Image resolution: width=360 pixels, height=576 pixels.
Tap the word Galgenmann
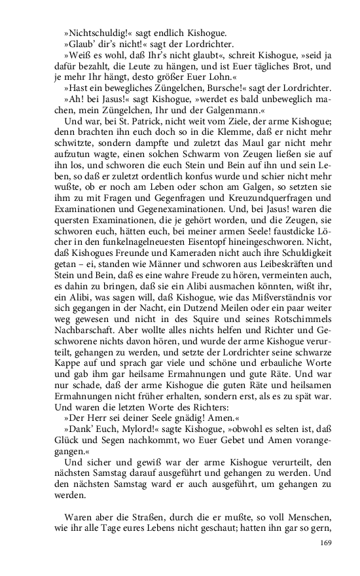pos(232,111)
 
